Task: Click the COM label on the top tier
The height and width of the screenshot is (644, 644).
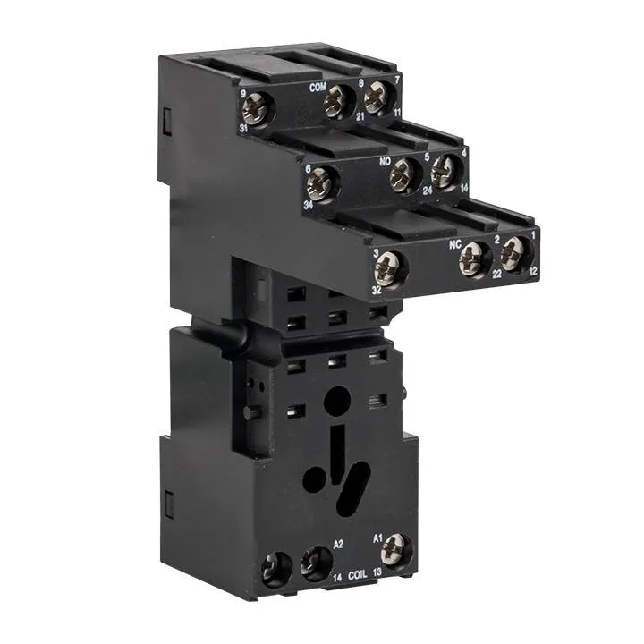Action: click(317, 88)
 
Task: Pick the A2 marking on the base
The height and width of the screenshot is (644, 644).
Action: click(338, 543)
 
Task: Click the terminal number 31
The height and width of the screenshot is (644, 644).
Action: click(243, 129)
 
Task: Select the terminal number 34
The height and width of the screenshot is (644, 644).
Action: click(307, 205)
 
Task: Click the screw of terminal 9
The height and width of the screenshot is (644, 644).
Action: click(258, 109)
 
